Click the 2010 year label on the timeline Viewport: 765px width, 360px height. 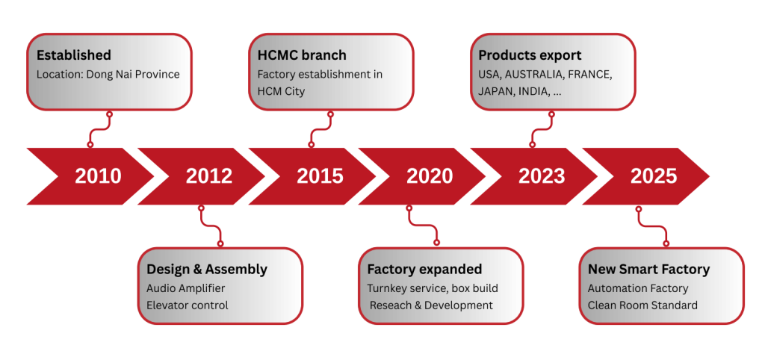tap(98, 176)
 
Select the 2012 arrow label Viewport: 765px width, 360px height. tap(209, 176)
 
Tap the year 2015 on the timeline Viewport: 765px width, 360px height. tap(320, 176)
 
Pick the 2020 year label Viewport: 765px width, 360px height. tap(430, 176)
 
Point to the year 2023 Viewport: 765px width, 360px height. tap(542, 176)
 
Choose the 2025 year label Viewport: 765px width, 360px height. tap(654, 176)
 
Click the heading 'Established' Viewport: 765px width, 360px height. tap(74, 55)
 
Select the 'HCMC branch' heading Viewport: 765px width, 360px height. tap(302, 55)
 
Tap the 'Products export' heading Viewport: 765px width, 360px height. tap(530, 55)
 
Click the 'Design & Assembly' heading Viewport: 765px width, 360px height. tap(207, 270)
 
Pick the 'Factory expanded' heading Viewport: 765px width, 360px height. tap(424, 270)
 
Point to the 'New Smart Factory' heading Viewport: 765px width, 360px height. tap(649, 270)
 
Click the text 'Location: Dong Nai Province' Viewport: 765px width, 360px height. tap(108, 75)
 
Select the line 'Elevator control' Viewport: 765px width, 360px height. tap(188, 305)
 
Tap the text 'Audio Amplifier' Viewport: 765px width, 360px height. tap(186, 289)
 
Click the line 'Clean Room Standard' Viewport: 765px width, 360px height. tap(642, 305)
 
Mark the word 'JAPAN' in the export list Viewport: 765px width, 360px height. tap(495, 92)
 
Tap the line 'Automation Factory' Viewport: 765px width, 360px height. tap(638, 289)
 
